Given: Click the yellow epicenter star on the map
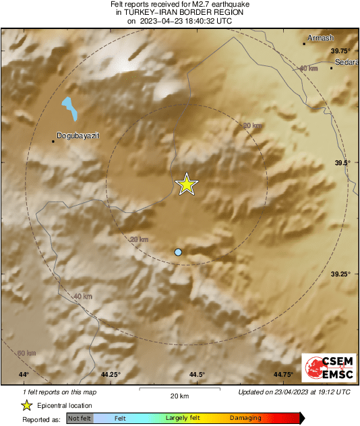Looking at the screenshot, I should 186,184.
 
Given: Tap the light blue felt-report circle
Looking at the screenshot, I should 178,252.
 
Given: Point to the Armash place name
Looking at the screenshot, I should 320,38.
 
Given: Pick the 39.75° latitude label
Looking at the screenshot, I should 340,51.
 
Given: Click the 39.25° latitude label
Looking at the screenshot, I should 340,274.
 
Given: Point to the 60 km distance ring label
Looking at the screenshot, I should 26,353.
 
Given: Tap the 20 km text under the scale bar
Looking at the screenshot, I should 179,396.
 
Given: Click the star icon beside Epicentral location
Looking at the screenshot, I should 26,405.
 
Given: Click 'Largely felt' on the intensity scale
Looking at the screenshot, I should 181,418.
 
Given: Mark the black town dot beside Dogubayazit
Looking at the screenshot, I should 53,142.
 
